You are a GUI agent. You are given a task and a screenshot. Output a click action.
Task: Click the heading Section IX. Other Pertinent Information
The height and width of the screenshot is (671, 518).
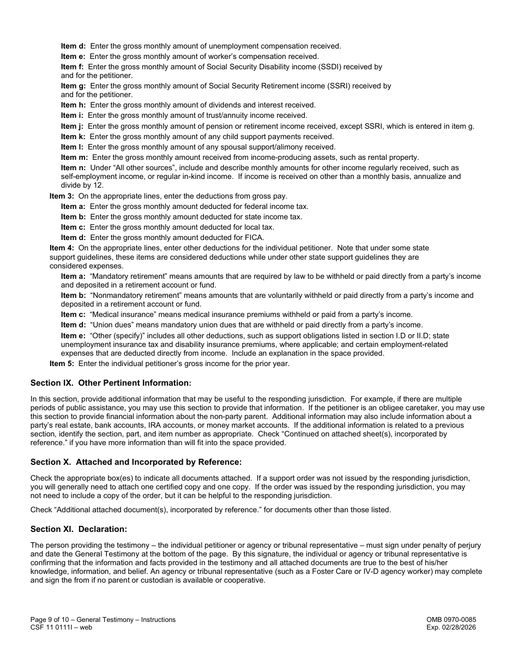[x=111, y=384]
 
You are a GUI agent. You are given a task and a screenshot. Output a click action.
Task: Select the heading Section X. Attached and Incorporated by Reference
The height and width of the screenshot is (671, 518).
[x=136, y=462]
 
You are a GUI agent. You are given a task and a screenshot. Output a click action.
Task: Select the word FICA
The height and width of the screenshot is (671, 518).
[x=254, y=237]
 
